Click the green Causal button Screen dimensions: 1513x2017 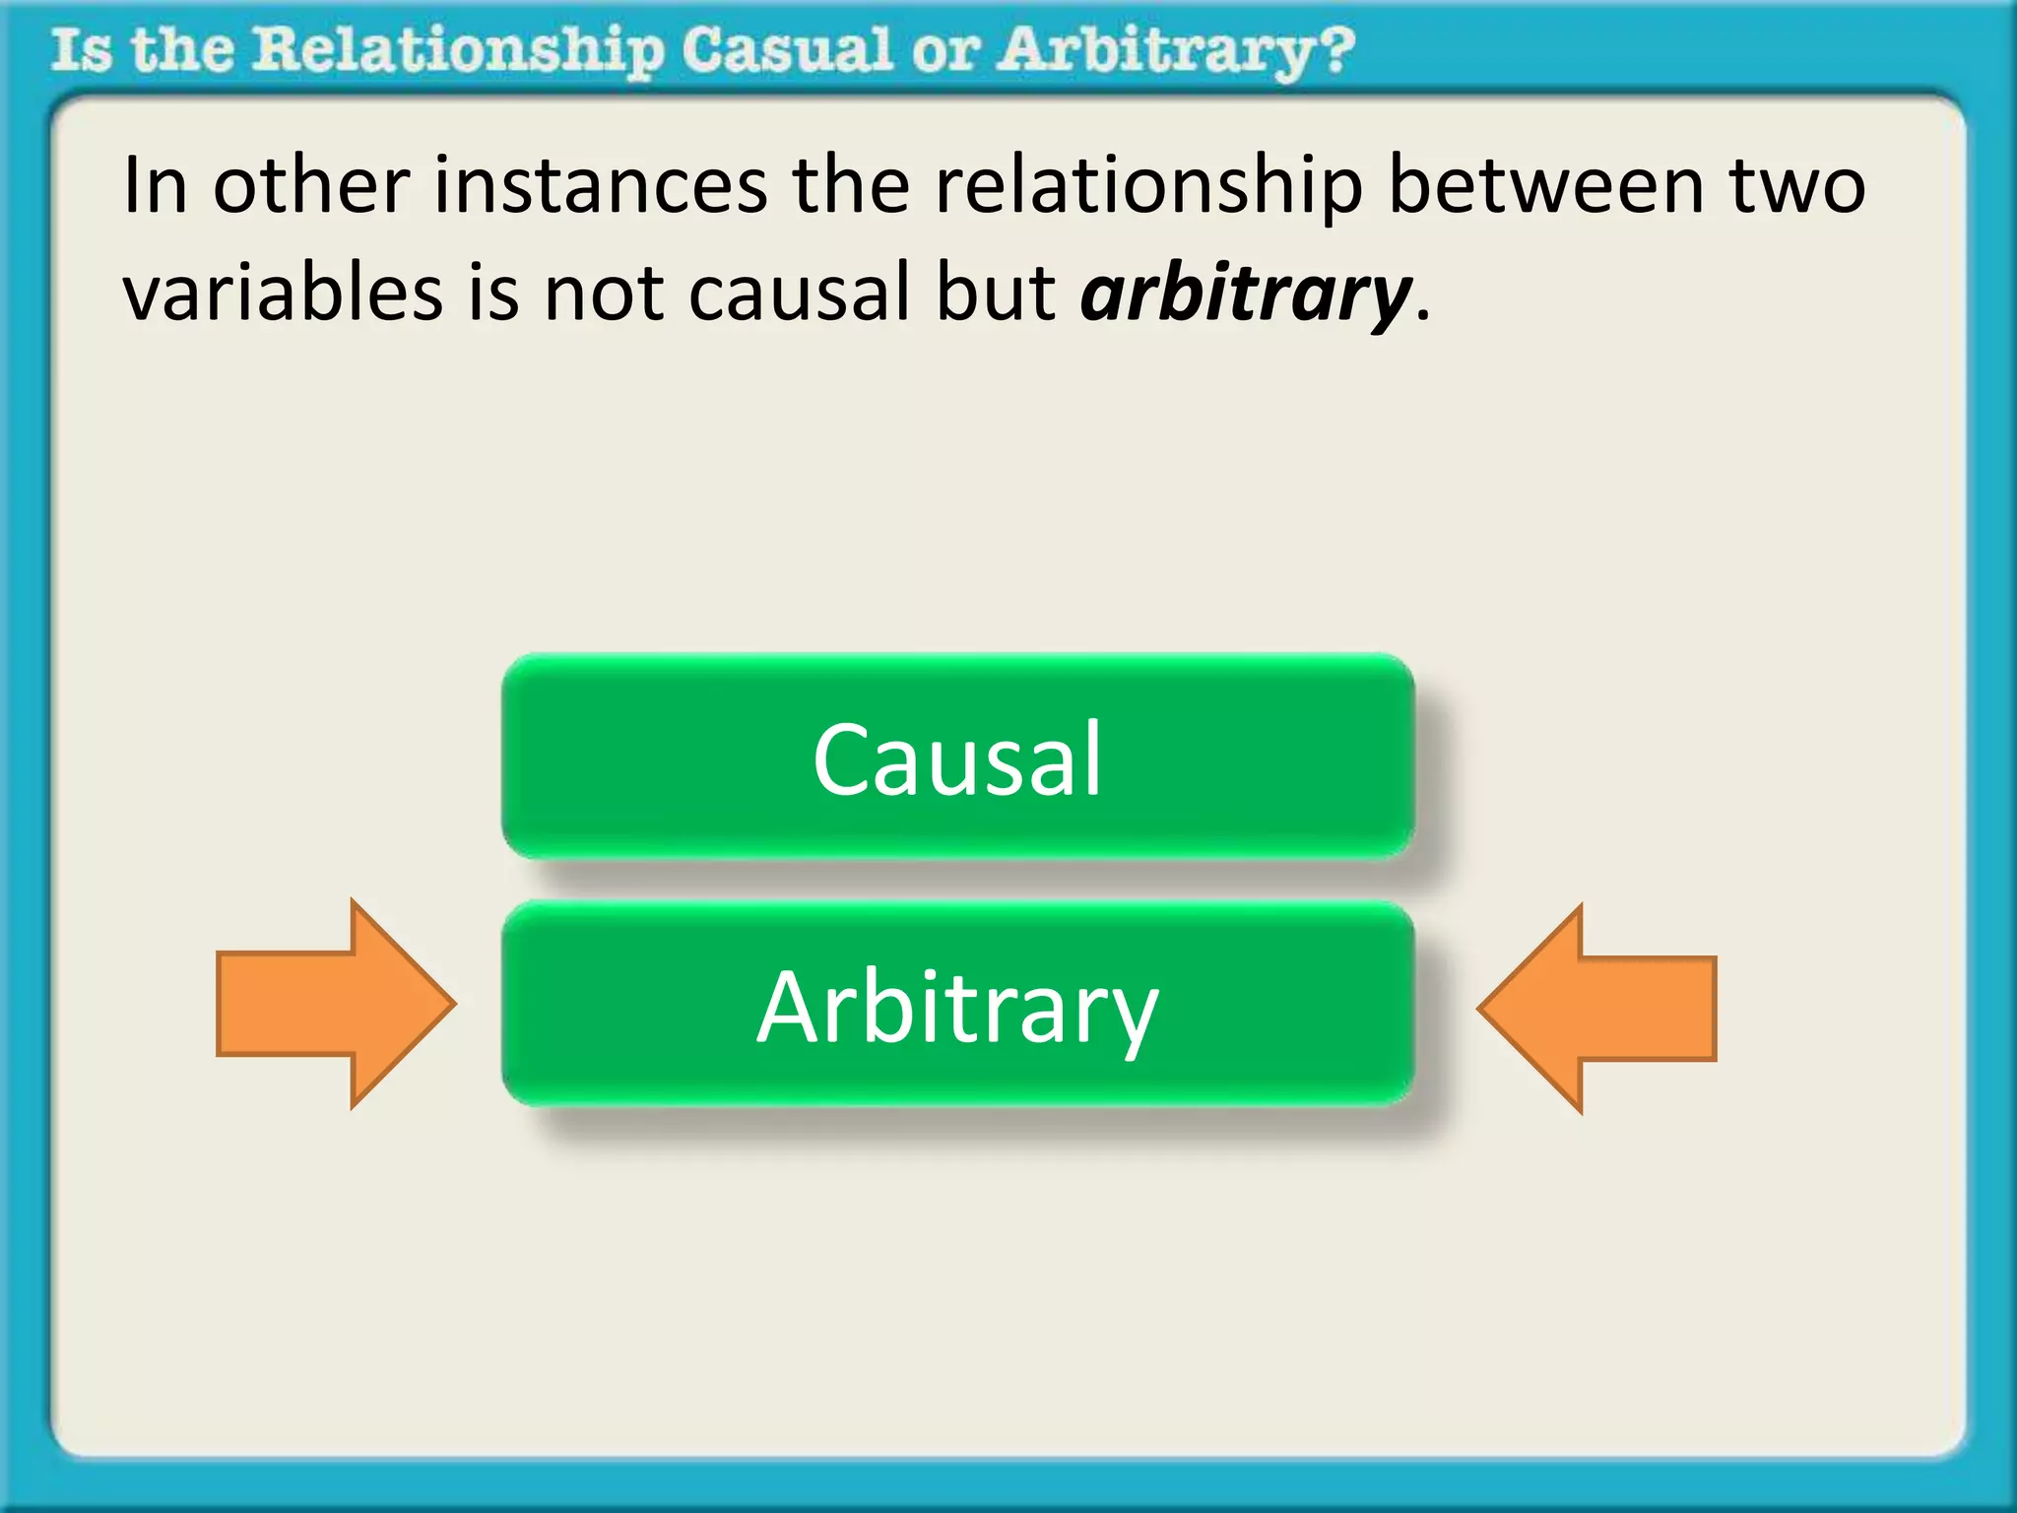957,756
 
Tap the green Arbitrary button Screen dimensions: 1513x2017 957,1005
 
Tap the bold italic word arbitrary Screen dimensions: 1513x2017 1246,294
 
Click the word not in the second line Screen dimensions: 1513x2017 604,294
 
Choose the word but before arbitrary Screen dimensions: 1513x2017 995,294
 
